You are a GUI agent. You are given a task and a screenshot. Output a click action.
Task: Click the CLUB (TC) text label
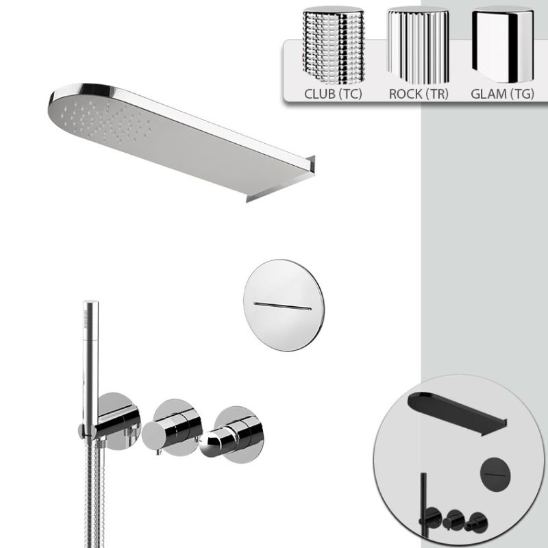(333, 94)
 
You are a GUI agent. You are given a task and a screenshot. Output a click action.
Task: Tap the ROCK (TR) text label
(419, 94)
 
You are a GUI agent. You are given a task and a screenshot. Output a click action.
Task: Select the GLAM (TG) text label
(502, 94)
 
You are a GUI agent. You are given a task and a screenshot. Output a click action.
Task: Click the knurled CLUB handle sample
(334, 45)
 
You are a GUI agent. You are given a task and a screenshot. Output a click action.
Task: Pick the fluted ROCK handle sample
(418, 45)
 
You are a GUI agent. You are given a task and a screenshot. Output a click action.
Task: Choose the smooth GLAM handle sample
(503, 45)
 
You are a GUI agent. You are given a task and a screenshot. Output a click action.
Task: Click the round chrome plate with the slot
(284, 305)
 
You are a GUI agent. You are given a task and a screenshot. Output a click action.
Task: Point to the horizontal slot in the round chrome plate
(282, 306)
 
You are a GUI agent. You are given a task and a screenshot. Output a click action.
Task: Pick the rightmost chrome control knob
(232, 435)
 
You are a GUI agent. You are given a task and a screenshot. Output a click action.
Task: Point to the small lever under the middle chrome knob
(160, 453)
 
